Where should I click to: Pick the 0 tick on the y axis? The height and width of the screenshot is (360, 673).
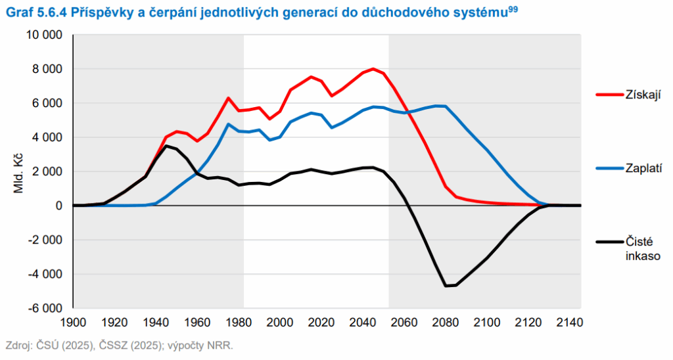pyautogui.click(x=59, y=206)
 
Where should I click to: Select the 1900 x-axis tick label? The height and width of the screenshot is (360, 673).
pyautogui.click(x=74, y=323)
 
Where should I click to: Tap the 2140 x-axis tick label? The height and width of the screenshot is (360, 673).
pyautogui.click(x=569, y=323)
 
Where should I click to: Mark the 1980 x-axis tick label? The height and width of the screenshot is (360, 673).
pyautogui.click(x=239, y=323)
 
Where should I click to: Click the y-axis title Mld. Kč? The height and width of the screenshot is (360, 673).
pyautogui.click(x=18, y=171)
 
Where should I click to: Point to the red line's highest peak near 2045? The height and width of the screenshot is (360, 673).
pyautogui.click(x=373, y=69)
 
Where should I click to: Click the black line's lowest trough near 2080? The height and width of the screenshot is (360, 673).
pyautogui.click(x=446, y=286)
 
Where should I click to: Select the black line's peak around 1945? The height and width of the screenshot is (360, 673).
pyautogui.click(x=166, y=146)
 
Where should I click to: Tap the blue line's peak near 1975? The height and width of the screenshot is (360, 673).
pyautogui.click(x=229, y=124)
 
